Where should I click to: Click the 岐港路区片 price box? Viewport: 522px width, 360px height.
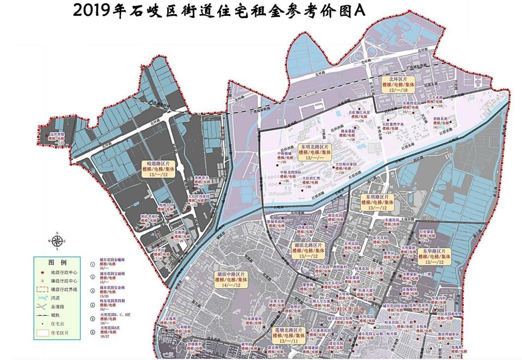point(158,169)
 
